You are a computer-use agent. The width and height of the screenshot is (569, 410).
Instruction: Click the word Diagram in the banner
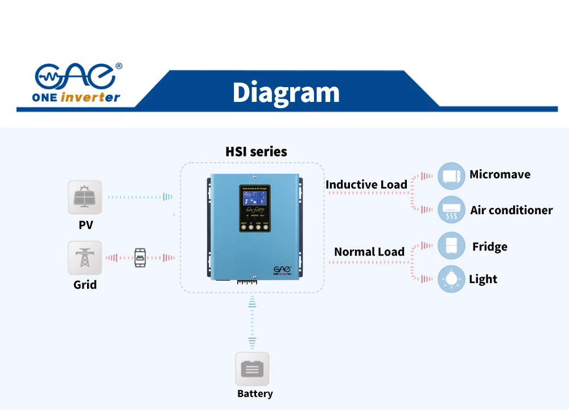pyautogui.click(x=286, y=92)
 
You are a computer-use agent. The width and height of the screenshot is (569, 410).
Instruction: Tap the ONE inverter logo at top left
pyautogui.click(x=77, y=83)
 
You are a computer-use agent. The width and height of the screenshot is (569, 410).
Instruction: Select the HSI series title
pyautogui.click(x=256, y=151)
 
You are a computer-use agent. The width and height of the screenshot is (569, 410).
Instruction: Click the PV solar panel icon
pyautogui.click(x=85, y=197)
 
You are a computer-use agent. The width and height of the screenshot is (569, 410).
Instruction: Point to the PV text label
pyautogui.click(x=85, y=225)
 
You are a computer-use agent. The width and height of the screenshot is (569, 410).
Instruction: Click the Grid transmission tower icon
pyautogui.click(x=85, y=257)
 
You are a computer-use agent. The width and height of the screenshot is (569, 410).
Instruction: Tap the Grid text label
pyautogui.click(x=85, y=285)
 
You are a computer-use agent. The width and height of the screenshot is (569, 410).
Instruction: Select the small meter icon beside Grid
pyautogui.click(x=139, y=257)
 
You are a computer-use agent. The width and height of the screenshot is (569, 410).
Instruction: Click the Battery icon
pyautogui.click(x=252, y=369)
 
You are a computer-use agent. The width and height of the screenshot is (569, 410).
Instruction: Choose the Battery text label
pyautogui.click(x=255, y=393)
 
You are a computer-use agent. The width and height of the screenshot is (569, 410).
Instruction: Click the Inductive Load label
pyautogui.click(x=366, y=184)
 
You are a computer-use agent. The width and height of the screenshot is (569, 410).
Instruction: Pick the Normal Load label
pyautogui.click(x=369, y=252)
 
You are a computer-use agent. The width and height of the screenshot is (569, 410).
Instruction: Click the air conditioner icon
pyautogui.click(x=451, y=210)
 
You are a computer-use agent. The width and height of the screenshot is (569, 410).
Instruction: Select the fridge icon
pyautogui.click(x=451, y=246)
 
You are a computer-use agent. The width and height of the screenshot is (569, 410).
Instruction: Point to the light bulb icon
pyautogui.click(x=451, y=279)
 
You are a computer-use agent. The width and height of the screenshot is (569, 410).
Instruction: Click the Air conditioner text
pyautogui.click(x=511, y=210)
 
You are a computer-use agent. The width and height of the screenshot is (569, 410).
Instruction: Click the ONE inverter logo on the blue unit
pyautogui.click(x=283, y=269)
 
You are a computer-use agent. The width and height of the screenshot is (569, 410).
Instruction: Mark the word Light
pyautogui.click(x=483, y=279)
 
